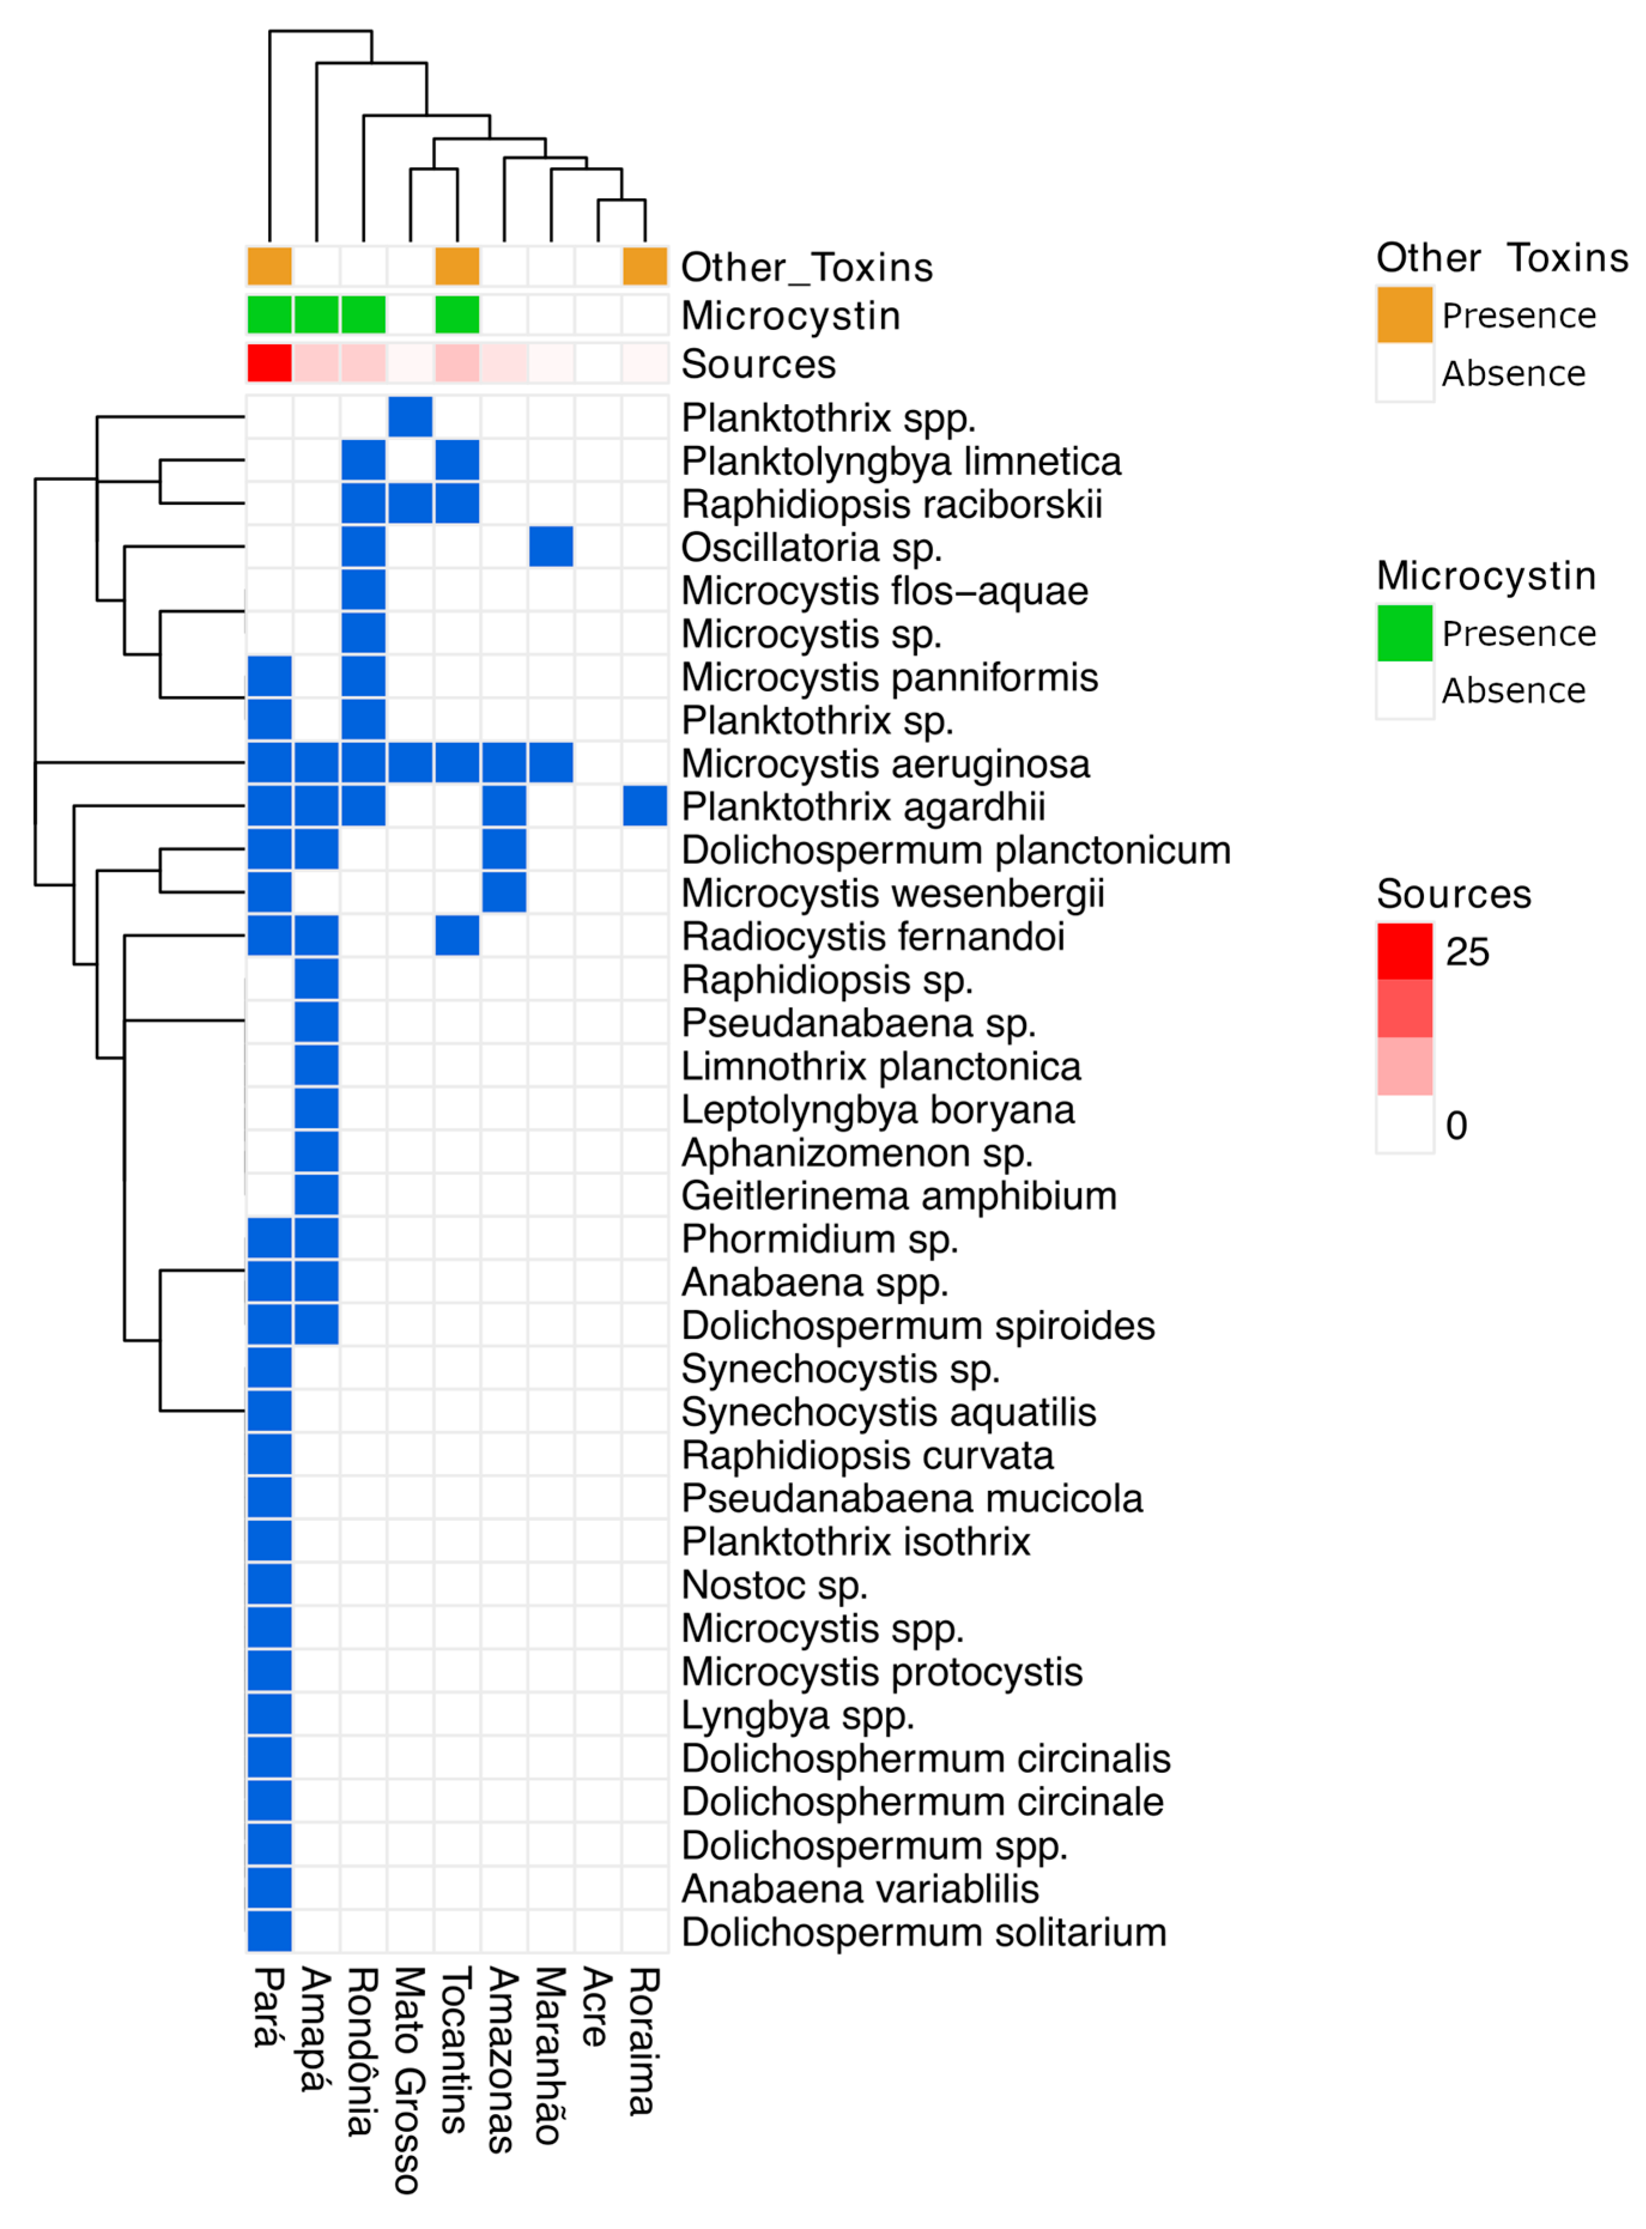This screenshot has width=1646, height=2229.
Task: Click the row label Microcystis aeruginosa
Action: [x=885, y=765]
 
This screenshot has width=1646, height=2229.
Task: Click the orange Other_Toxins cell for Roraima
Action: [x=645, y=266]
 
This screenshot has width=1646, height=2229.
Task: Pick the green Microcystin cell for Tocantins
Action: [x=457, y=315]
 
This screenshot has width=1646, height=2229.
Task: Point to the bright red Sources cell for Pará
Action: [x=269, y=363]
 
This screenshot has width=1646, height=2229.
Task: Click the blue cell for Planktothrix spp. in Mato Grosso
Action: [x=409, y=417]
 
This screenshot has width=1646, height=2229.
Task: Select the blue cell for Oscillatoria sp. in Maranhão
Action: [x=551, y=546]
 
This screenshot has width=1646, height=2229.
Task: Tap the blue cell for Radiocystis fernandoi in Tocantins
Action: [x=457, y=936]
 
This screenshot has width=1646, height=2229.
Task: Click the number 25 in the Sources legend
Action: [x=1466, y=951]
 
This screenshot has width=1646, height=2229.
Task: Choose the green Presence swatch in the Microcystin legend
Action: [x=1404, y=633]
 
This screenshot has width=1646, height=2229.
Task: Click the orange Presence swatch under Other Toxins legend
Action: [x=1404, y=315]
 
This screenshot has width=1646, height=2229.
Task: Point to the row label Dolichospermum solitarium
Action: [x=924, y=1932]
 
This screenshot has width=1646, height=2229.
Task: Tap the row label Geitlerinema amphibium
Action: [x=899, y=1196]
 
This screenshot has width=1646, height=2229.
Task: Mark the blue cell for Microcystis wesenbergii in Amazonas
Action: [x=504, y=892]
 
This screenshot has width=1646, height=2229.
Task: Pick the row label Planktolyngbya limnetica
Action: [x=901, y=462]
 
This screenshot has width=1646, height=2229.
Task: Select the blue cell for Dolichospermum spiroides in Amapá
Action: [x=317, y=1325]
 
